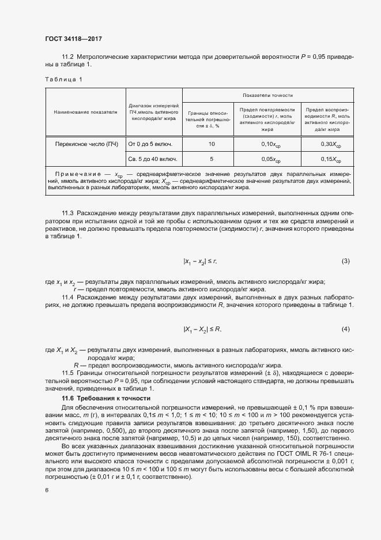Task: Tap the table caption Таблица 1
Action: (63, 80)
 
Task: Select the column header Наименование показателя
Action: (85, 112)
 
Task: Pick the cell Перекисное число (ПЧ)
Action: (85, 143)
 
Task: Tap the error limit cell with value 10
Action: (212, 143)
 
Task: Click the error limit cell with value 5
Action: (212, 159)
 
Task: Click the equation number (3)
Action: (345, 261)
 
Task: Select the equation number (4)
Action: (345, 329)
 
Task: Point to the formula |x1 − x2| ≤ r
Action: (200, 262)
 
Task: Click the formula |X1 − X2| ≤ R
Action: (202, 329)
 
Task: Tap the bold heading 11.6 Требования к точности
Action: (105, 399)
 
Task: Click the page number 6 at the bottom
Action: (46, 490)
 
